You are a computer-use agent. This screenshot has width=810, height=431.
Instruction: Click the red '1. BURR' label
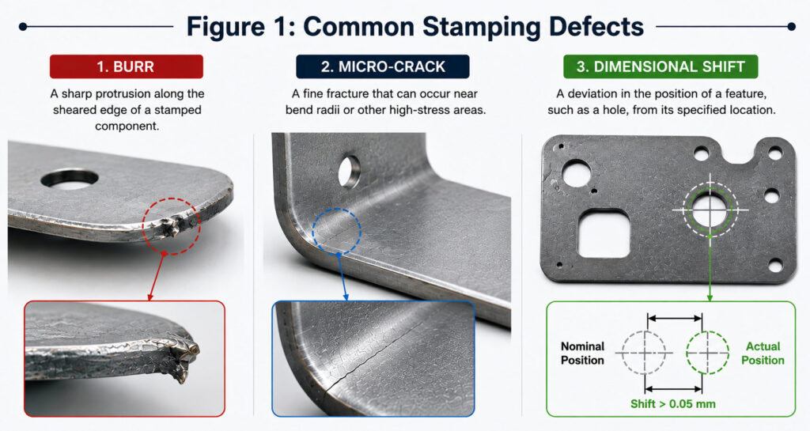(126, 66)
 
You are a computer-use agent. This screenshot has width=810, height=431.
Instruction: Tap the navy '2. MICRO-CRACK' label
(383, 66)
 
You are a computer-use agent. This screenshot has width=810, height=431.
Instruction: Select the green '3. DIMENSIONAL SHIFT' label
(660, 66)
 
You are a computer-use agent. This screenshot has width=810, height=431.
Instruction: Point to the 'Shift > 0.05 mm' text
(672, 403)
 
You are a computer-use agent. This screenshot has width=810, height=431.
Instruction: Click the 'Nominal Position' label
(582, 353)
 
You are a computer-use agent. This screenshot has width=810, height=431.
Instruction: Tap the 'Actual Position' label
(763, 353)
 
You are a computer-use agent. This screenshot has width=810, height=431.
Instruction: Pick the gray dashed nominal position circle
(623, 353)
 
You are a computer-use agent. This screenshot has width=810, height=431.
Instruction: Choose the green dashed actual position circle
(687, 353)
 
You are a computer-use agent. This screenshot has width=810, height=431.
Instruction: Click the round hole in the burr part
(70, 179)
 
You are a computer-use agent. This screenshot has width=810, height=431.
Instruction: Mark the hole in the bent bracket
(349, 171)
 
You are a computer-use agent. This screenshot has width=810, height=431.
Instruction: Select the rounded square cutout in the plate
(603, 233)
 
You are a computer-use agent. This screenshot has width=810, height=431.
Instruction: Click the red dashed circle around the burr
(143, 226)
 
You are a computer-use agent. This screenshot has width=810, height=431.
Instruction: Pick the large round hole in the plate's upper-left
(577, 172)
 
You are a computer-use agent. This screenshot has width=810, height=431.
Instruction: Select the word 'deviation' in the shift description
(598, 93)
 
